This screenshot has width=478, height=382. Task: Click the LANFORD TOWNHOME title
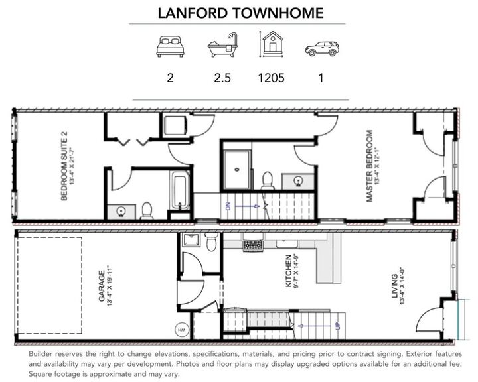coord(241,13)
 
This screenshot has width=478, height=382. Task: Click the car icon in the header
coord(322,48)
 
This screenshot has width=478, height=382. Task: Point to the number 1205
coord(272,78)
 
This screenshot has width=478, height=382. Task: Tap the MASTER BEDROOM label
coord(373,166)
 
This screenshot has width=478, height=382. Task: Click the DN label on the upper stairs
coord(228,206)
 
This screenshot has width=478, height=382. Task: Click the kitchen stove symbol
coord(253,245)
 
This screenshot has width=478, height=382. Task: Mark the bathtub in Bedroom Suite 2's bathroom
coord(180,190)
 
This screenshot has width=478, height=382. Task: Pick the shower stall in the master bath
coord(236,169)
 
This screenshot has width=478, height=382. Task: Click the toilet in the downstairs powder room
coord(211,242)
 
